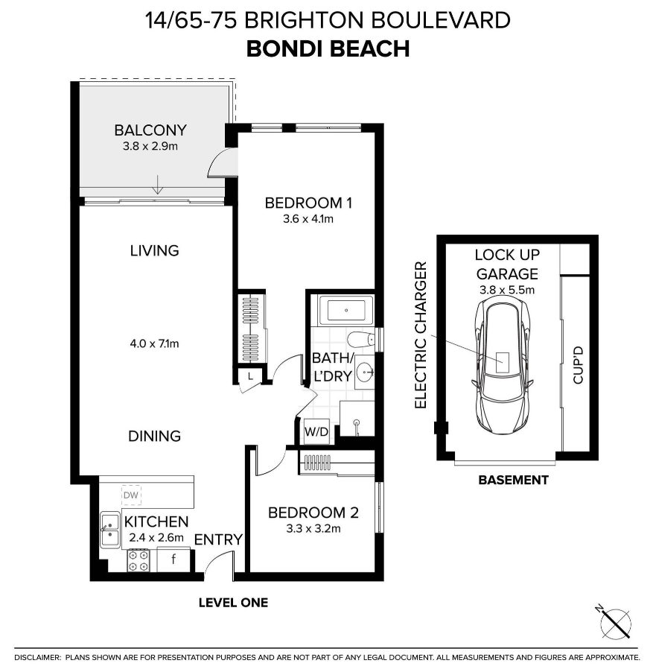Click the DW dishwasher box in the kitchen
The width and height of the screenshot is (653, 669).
pyautogui.click(x=131, y=495)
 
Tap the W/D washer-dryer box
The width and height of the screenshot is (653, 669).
pyautogui.click(x=316, y=431)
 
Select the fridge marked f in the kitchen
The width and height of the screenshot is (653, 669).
pyautogui.click(x=173, y=559)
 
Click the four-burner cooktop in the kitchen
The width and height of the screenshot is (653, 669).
pyautogui.click(x=138, y=560)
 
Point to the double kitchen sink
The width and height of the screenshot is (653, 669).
pyautogui.click(x=110, y=530)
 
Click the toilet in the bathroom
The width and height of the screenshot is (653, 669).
pyautogui.click(x=361, y=340)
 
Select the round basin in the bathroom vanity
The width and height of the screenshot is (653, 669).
pyautogui.click(x=365, y=372)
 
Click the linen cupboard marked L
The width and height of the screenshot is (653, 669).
pyautogui.click(x=250, y=376)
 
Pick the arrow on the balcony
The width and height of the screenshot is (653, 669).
pyautogui.click(x=158, y=184)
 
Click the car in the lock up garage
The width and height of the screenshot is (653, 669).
pyautogui.click(x=503, y=365)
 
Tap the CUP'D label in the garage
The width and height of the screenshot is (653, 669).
pyautogui.click(x=578, y=365)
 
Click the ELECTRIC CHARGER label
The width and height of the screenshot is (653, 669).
pyautogui.click(x=421, y=335)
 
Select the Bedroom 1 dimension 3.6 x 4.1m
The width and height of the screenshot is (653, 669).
pyautogui.click(x=308, y=219)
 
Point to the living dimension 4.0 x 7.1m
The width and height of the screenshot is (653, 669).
pyautogui.click(x=154, y=343)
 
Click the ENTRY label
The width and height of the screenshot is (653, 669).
pyautogui.click(x=218, y=539)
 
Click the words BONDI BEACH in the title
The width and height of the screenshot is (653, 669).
pyautogui.click(x=328, y=48)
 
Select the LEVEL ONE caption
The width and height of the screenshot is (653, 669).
pyautogui.click(x=233, y=603)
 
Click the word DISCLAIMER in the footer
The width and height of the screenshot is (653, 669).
pyautogui.click(x=38, y=658)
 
